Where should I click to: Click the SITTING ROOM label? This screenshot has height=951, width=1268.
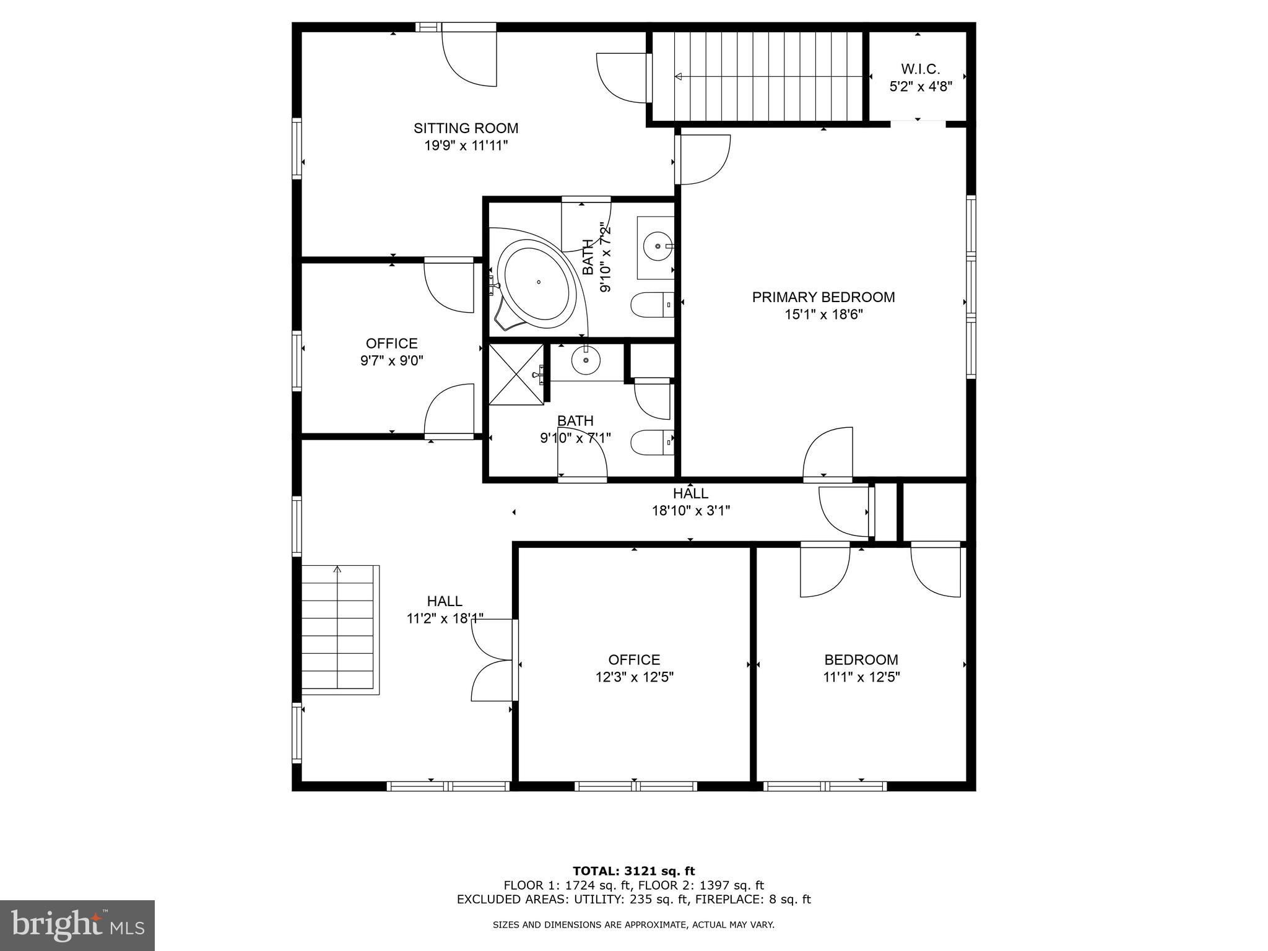(466, 128)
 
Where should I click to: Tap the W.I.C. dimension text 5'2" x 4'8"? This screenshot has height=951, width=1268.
(921, 87)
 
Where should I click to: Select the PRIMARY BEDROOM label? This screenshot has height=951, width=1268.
(823, 297)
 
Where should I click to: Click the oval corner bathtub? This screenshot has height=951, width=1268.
(537, 284)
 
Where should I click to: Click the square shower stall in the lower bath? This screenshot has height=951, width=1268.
(516, 375)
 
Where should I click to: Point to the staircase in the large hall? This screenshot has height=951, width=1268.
(338, 628)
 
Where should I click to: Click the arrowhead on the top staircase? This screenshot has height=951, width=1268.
(678, 77)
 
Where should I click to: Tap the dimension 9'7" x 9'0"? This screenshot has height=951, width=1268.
(391, 360)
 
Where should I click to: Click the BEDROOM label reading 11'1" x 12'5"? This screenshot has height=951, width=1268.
(861, 660)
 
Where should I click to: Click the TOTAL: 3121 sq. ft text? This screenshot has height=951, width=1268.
(633, 872)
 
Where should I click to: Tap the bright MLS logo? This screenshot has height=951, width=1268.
(77, 925)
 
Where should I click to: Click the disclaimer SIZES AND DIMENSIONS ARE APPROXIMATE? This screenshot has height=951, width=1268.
(633, 925)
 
